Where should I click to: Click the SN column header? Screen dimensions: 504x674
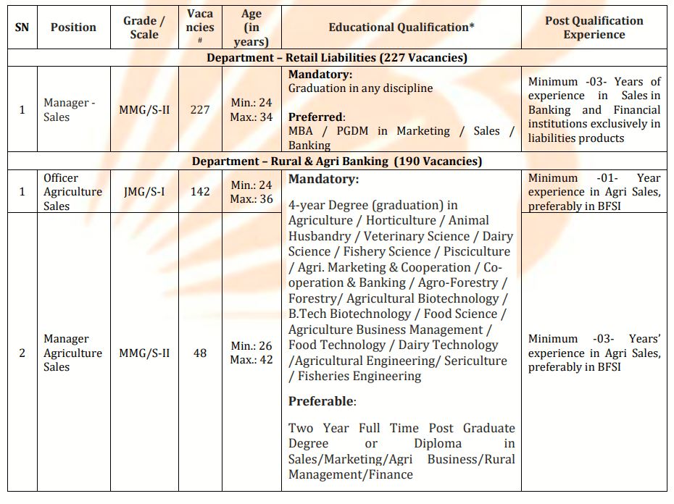[x=22, y=28]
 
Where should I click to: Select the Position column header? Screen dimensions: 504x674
[x=73, y=28]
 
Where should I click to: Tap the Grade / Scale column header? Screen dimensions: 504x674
[x=143, y=28]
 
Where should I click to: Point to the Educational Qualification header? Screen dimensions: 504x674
[x=402, y=28]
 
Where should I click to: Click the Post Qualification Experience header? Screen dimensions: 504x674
[x=594, y=28]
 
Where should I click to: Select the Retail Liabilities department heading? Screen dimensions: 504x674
[x=337, y=58]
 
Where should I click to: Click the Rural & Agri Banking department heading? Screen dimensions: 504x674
[x=337, y=161]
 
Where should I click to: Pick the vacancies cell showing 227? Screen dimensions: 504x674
[x=200, y=110]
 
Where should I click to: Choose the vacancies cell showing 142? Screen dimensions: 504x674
[x=200, y=192]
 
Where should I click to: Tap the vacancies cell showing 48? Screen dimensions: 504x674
[x=200, y=353]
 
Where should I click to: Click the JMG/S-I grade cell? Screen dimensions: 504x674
[x=143, y=192]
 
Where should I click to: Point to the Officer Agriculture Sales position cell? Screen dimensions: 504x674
[x=72, y=192]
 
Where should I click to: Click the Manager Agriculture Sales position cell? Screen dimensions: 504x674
[x=72, y=353]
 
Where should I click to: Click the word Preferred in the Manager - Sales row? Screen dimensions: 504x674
[x=315, y=117]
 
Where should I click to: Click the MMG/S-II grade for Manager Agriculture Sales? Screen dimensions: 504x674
[x=143, y=353]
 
